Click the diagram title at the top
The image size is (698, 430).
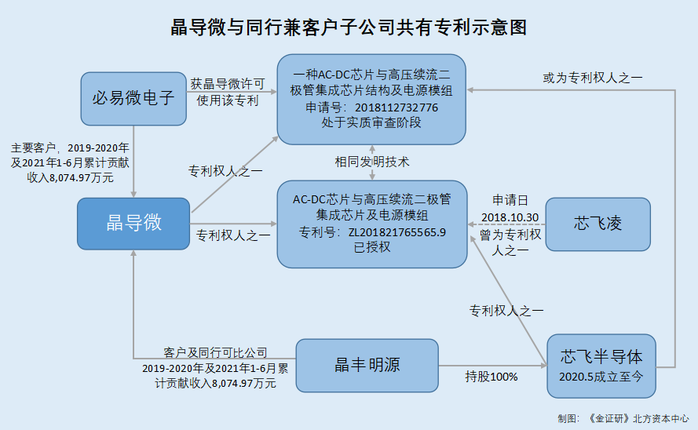point(349,27)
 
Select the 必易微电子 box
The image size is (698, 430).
point(133,99)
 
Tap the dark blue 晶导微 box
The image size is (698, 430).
point(133,224)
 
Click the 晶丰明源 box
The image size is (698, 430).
point(367,366)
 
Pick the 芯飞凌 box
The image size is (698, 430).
point(598,224)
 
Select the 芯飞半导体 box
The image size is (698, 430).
point(601,366)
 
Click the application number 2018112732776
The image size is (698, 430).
point(397,107)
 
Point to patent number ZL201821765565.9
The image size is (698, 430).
point(397,232)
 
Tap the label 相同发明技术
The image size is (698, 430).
point(371,162)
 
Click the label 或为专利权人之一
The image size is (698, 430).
point(593,78)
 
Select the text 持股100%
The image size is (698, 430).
point(492,377)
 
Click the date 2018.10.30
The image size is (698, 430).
point(510,217)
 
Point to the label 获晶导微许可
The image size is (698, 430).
point(228,84)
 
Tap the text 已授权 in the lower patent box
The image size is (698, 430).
point(371,247)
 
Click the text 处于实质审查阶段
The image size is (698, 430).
point(371,122)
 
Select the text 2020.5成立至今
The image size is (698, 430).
point(601,377)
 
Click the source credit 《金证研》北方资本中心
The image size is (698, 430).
point(638,419)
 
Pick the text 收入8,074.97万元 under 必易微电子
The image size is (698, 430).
point(71,178)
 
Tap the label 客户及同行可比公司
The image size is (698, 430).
point(215,352)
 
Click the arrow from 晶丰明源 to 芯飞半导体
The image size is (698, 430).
point(493,366)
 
